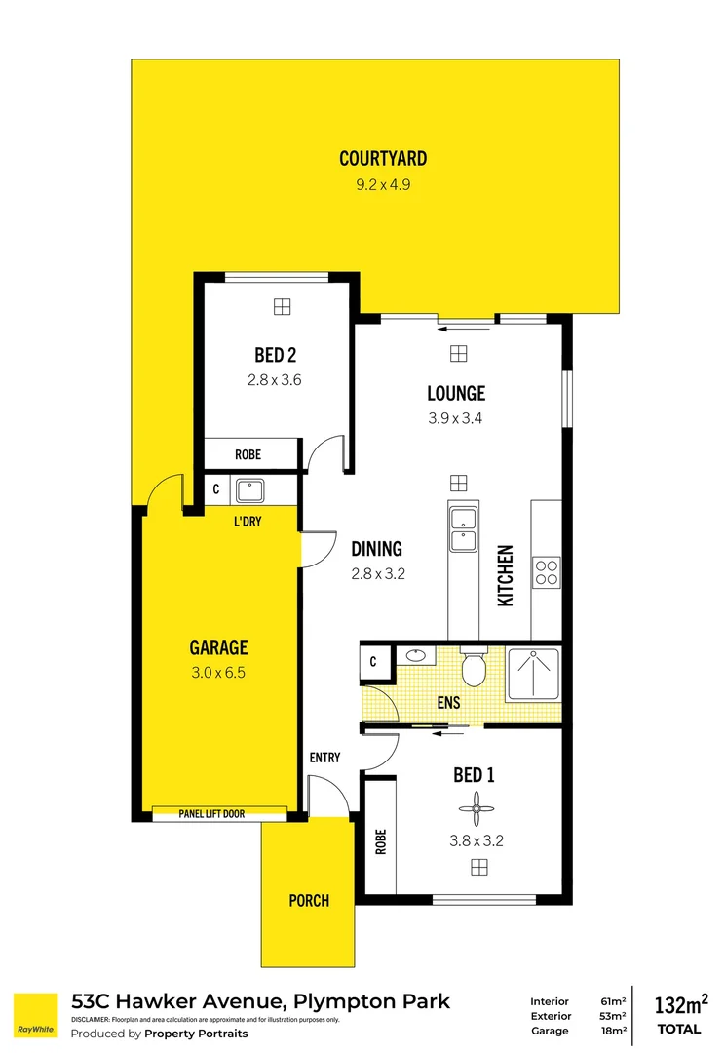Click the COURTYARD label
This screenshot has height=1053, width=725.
pos(383,159)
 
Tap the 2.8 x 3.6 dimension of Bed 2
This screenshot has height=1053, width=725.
pos(275,380)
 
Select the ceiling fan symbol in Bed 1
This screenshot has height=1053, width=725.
pos(477,808)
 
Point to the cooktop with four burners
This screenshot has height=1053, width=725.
pos(547,573)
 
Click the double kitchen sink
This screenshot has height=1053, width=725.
pos(463,529)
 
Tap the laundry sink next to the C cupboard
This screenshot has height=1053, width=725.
pos(250,490)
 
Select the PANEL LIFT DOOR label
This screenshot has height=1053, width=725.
pos(211,814)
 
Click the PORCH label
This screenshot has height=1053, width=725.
pos(309,901)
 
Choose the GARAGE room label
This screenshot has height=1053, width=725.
pos(219,647)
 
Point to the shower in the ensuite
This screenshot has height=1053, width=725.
pos(534,675)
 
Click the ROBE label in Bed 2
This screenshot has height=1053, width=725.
pos(248,454)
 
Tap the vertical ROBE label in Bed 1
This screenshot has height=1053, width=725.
pos(381,841)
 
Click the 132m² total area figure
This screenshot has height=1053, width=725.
pos(681,1004)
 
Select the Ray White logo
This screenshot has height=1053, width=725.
pos(36,1015)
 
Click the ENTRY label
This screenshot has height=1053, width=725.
pos(324,758)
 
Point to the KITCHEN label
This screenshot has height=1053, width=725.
pos(505,575)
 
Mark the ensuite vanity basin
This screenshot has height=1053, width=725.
pos(415,655)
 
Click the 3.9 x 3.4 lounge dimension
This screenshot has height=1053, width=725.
pos(455,418)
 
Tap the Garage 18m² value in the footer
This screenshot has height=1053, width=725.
pos(614,1031)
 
